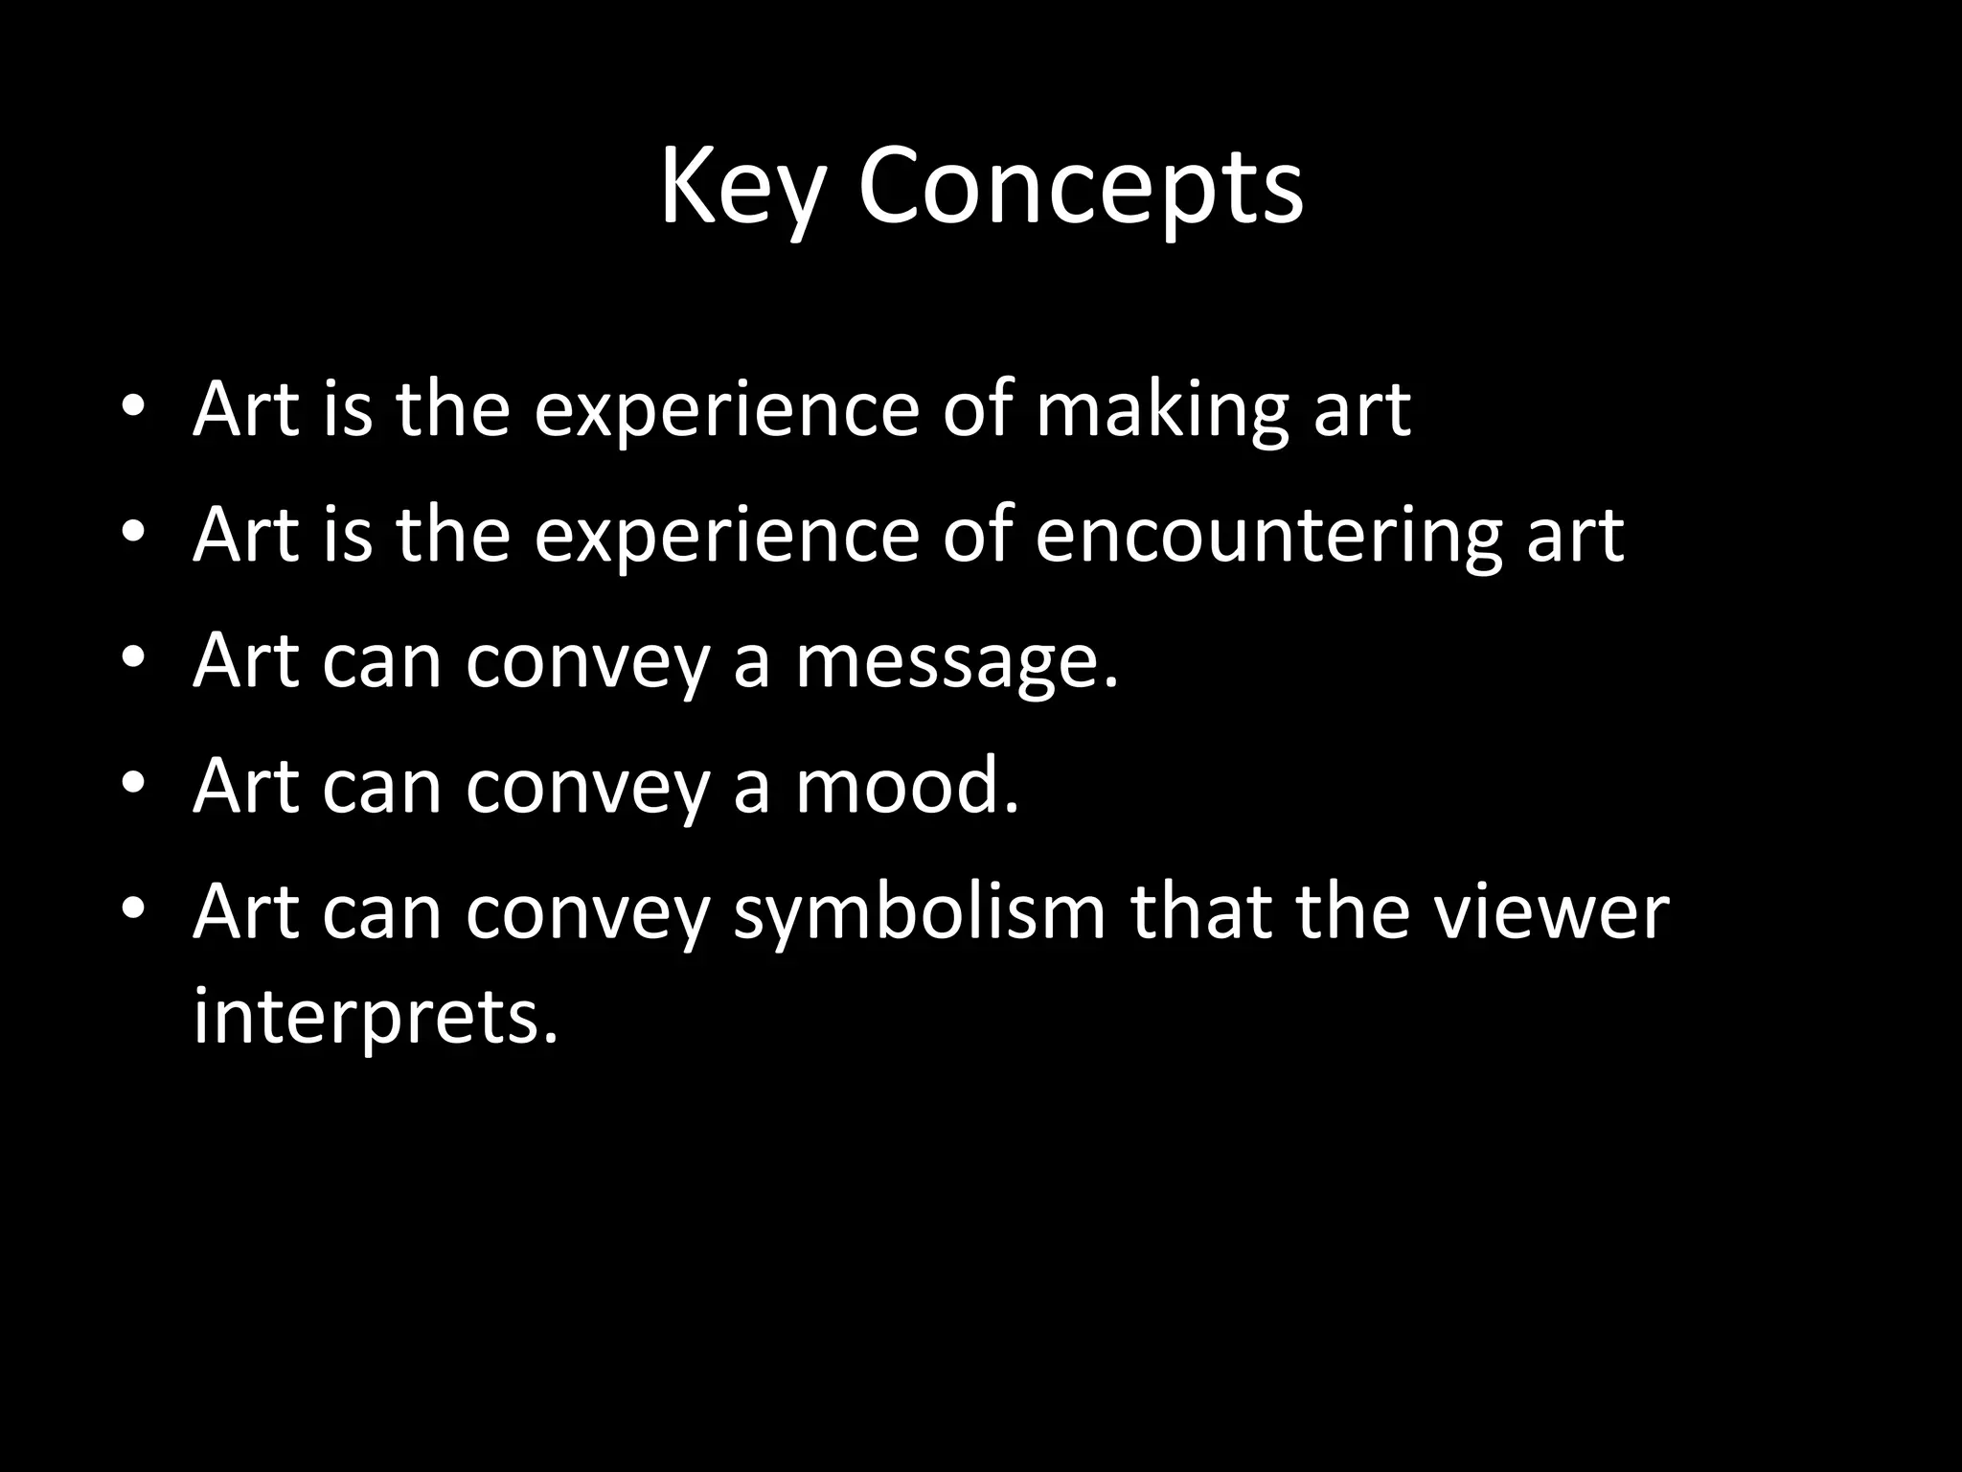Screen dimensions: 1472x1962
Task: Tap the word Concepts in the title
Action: click(1080, 187)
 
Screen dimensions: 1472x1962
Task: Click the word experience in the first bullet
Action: click(726, 412)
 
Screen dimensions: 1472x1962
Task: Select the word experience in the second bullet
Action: click(726, 538)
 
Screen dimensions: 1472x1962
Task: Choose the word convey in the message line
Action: click(587, 662)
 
